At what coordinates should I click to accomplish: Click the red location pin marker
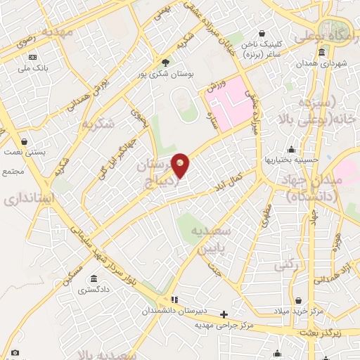pos(181,165)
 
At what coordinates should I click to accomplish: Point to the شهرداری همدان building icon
pos(321,52)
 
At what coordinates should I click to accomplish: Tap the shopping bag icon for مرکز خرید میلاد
pos(298,300)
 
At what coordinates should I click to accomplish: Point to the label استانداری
pos(29,198)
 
